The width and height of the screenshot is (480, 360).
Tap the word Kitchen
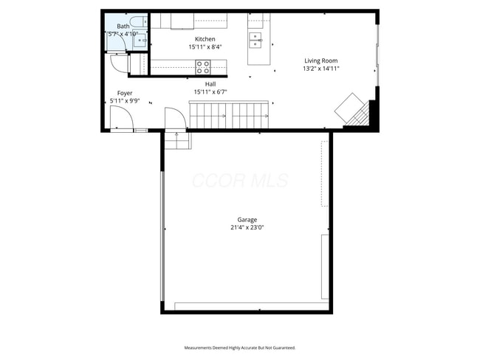(x=205, y=39)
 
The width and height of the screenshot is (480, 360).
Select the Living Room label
(x=321, y=60)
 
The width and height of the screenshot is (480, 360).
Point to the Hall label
(x=210, y=84)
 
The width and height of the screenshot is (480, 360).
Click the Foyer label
(x=125, y=93)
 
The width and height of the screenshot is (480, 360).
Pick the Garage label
(x=247, y=220)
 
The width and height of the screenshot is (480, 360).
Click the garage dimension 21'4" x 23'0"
(x=247, y=228)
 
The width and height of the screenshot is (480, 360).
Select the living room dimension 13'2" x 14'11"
(x=321, y=69)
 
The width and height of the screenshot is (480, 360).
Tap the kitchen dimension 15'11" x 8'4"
(x=205, y=46)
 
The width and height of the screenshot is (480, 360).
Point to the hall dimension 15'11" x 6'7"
(x=210, y=92)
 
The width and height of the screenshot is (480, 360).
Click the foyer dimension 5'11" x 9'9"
(x=125, y=101)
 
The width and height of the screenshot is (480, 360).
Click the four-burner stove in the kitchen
(x=203, y=67)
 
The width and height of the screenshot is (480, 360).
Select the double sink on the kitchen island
(x=256, y=38)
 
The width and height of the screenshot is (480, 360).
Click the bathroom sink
(x=139, y=39)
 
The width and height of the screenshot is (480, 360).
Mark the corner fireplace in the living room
(x=353, y=111)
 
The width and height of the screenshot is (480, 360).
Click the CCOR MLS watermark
(x=240, y=181)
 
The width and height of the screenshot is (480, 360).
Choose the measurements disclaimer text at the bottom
(x=239, y=347)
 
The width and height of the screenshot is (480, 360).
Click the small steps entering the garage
(x=176, y=139)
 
